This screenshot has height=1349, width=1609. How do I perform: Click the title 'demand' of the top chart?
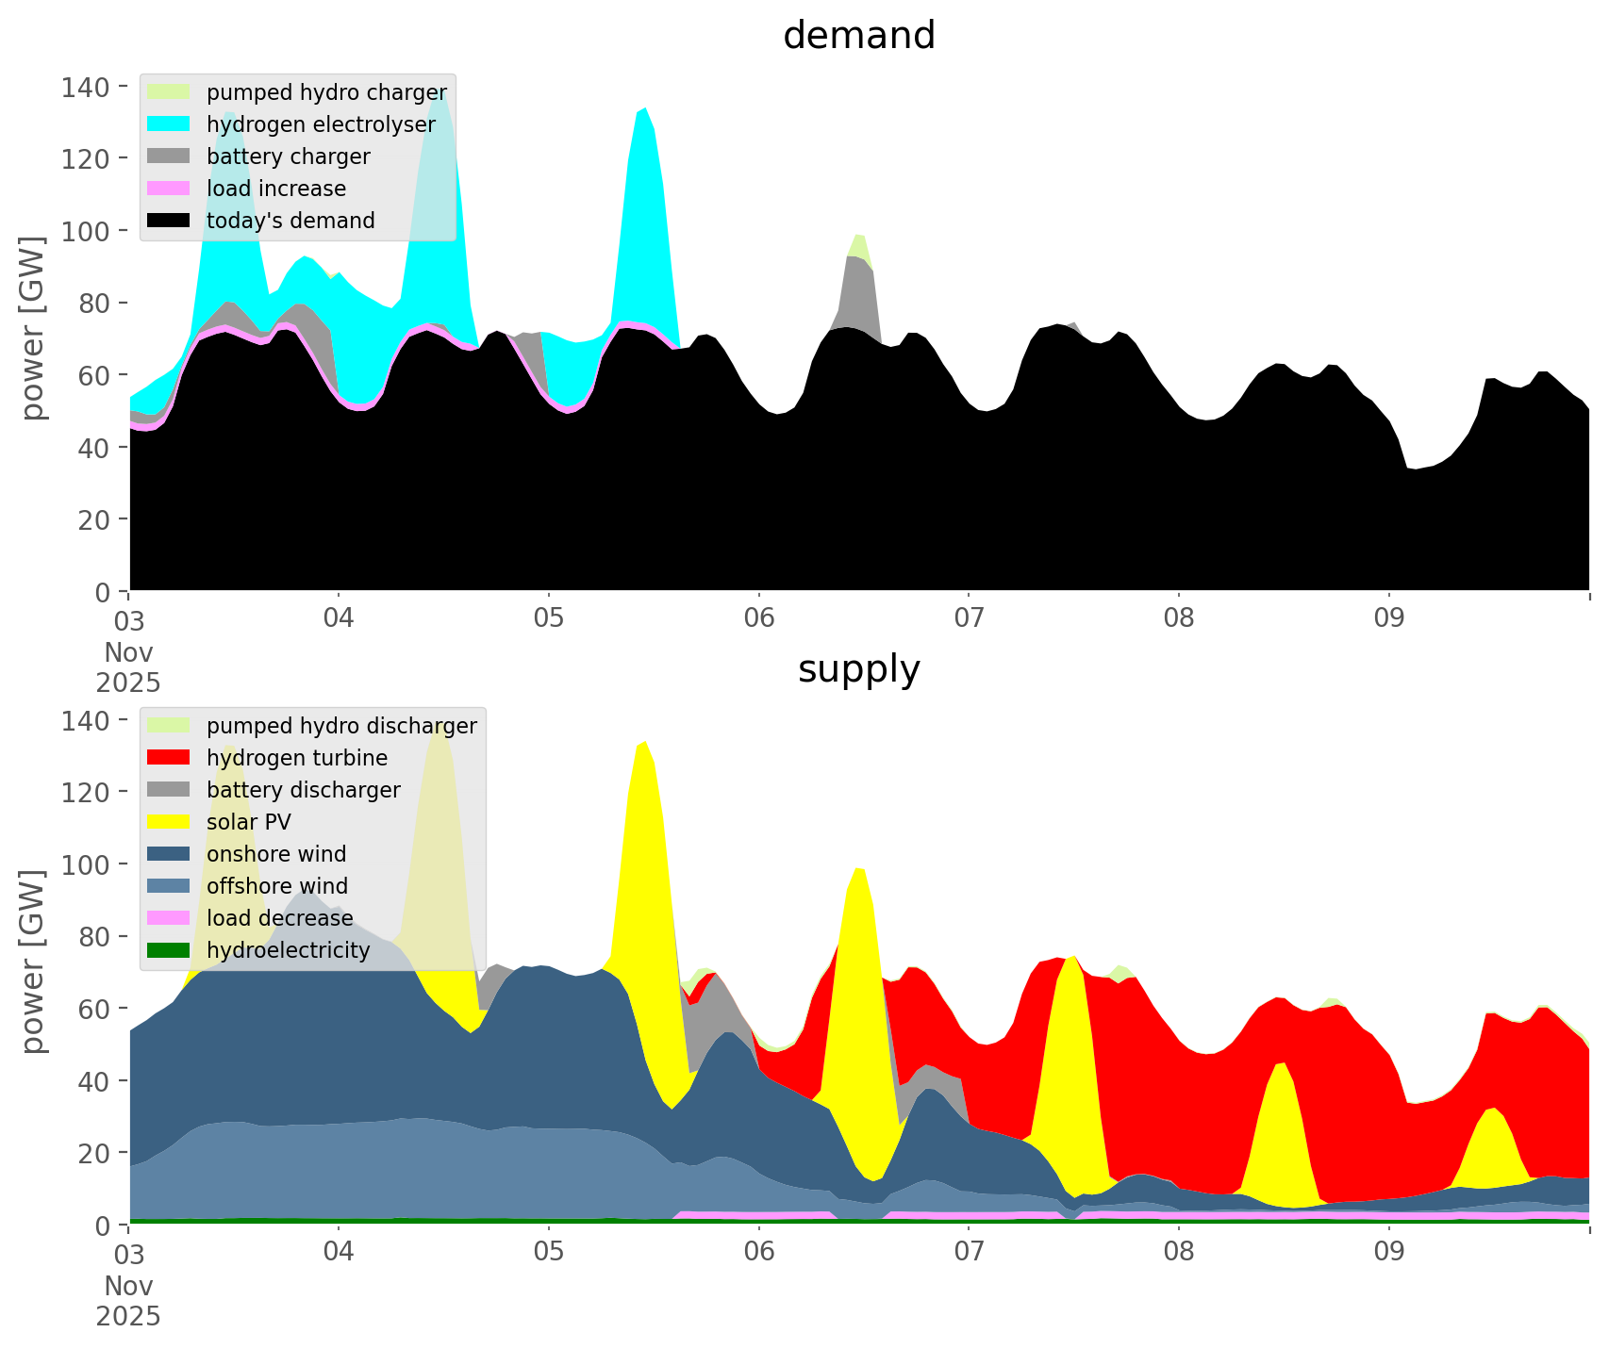858,36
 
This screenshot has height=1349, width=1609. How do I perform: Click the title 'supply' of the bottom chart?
858,669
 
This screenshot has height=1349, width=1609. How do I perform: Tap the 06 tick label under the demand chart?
758,619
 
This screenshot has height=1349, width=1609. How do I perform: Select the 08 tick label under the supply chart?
1178,1253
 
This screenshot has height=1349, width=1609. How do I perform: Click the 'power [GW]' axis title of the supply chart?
33,962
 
